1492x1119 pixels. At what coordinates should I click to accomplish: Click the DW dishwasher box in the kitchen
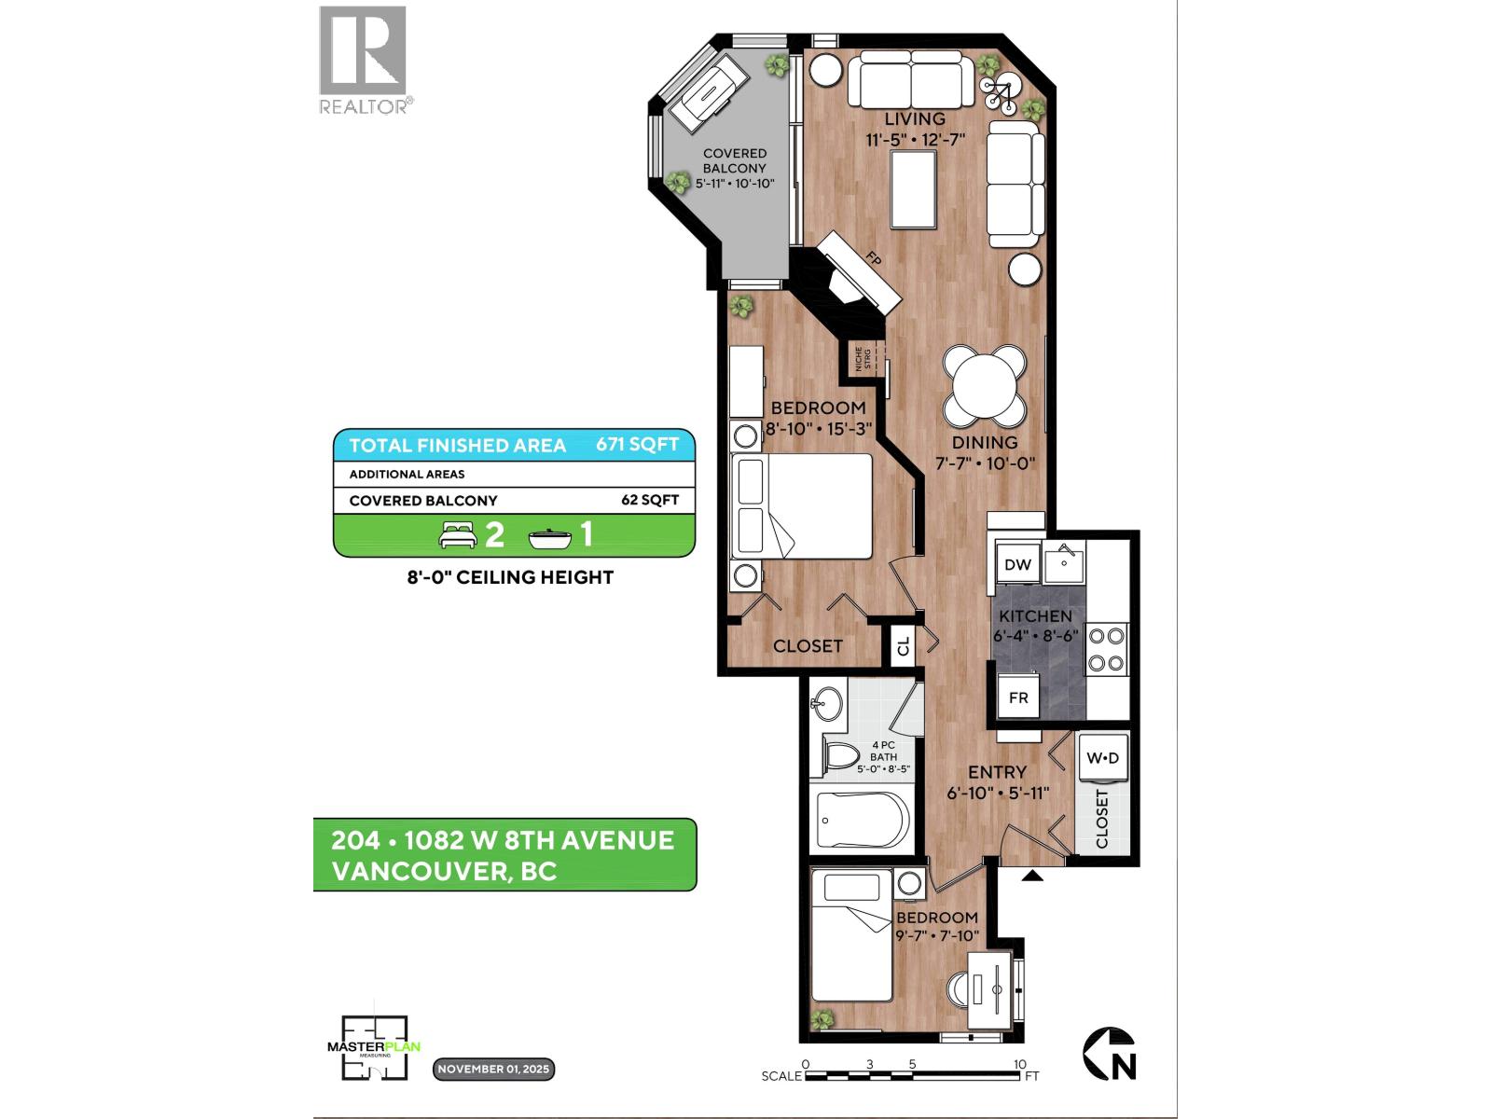tap(1018, 564)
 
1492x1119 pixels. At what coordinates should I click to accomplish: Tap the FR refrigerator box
tap(1018, 698)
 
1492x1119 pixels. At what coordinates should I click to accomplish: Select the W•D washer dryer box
tap(1102, 759)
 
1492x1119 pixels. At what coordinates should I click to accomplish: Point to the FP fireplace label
tap(874, 260)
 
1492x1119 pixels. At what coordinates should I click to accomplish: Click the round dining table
tap(985, 383)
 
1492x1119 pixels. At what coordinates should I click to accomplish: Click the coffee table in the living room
tap(913, 189)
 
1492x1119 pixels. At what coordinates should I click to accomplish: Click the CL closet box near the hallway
tap(903, 645)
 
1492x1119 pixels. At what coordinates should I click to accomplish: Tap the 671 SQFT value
tap(638, 445)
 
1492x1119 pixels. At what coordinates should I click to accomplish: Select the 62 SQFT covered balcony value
tap(650, 500)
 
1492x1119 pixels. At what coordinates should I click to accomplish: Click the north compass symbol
tap(1110, 1054)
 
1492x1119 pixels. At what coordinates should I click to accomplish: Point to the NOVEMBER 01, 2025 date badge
tap(493, 1069)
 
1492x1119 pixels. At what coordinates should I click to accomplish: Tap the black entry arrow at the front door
tap(1032, 876)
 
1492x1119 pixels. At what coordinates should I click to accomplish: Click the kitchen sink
tap(1063, 563)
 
